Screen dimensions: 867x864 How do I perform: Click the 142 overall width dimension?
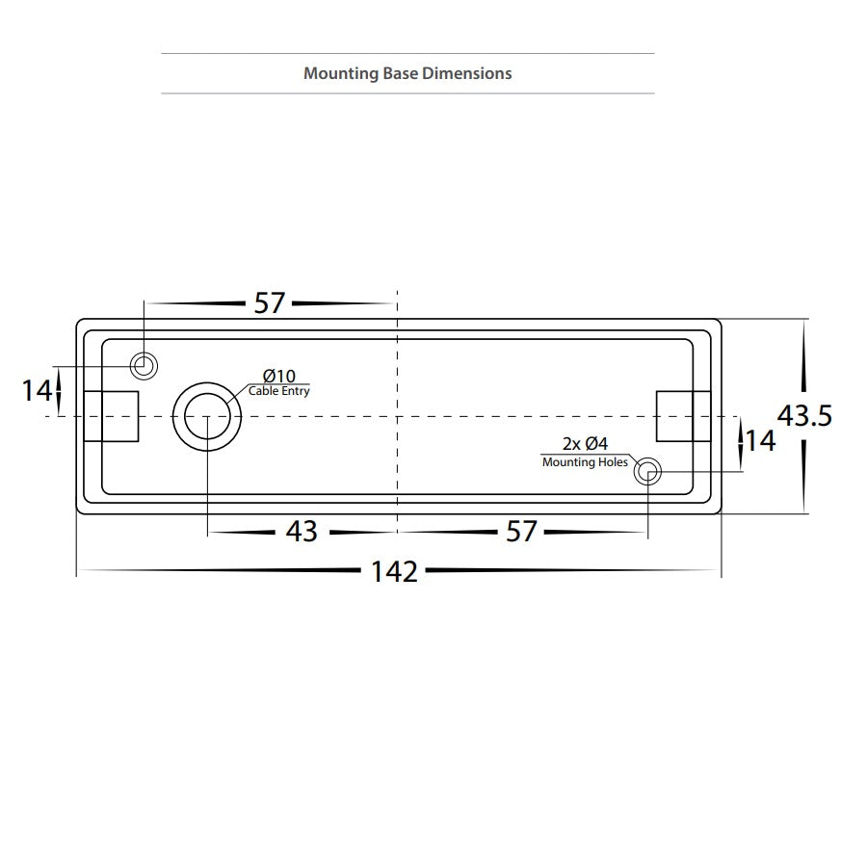point(394,571)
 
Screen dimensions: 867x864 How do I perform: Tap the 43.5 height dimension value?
point(804,416)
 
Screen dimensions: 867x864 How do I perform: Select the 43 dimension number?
point(302,532)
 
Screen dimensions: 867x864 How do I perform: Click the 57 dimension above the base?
point(270,302)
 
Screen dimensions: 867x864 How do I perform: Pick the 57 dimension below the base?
point(521,532)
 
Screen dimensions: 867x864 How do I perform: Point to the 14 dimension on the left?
point(37,390)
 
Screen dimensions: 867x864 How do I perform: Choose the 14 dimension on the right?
point(760,441)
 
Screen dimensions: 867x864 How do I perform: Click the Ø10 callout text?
point(279,376)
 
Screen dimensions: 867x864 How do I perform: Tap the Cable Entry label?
point(278,391)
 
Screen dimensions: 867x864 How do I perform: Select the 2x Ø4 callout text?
point(585,443)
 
